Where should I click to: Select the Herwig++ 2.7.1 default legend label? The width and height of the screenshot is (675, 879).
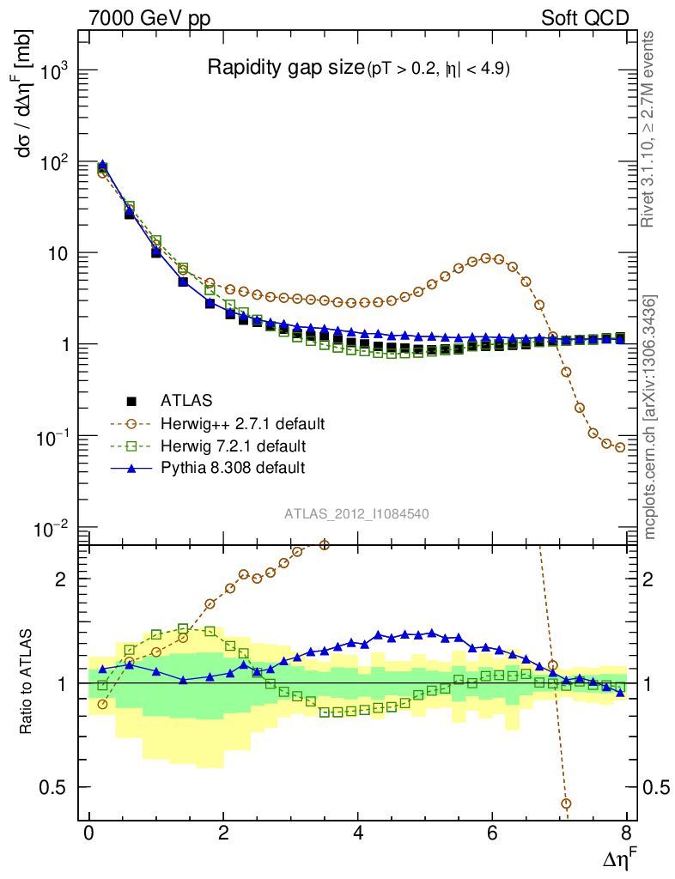[243, 423]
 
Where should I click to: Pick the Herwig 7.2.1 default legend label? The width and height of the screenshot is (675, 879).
[233, 446]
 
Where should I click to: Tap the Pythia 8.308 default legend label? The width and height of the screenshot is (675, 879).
[233, 468]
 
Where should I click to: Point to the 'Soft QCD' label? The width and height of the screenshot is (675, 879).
[585, 18]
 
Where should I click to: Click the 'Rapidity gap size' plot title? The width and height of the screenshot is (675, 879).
[286, 69]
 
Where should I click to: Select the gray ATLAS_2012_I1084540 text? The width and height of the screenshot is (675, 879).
[356, 513]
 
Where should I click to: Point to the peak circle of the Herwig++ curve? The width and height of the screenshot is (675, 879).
[486, 258]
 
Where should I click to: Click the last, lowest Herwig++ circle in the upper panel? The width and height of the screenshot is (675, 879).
[620, 447]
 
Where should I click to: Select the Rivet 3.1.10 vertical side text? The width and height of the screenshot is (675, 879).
[649, 129]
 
